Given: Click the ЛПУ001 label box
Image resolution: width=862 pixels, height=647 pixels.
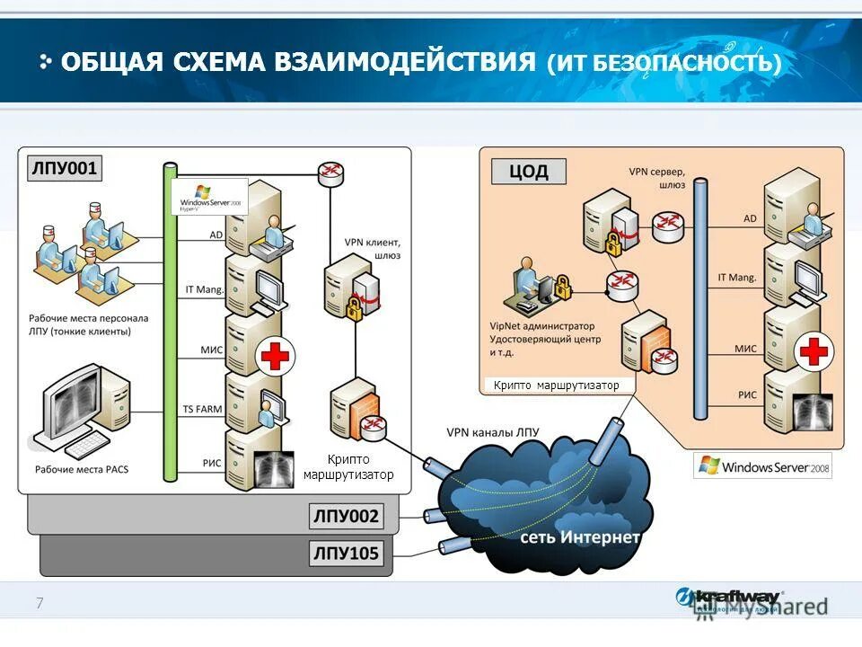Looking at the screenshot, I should [x=64, y=168].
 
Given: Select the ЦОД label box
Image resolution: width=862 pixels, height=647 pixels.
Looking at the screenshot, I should [x=528, y=171].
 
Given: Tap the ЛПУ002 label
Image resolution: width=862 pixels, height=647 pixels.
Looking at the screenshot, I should [x=346, y=517].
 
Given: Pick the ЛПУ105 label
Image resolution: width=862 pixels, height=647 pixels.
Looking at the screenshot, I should [x=346, y=553].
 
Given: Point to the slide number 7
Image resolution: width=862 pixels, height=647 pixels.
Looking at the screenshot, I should [x=40, y=603].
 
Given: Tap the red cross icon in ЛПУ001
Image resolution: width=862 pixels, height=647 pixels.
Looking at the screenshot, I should [x=275, y=356].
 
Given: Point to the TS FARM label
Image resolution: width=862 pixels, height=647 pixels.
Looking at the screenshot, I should [x=202, y=409].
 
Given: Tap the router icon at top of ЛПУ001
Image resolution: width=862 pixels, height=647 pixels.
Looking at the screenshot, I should [x=330, y=173].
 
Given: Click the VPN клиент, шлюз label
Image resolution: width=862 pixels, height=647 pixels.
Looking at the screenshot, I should [x=372, y=249].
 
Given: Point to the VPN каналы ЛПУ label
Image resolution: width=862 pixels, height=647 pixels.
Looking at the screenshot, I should [x=492, y=431].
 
